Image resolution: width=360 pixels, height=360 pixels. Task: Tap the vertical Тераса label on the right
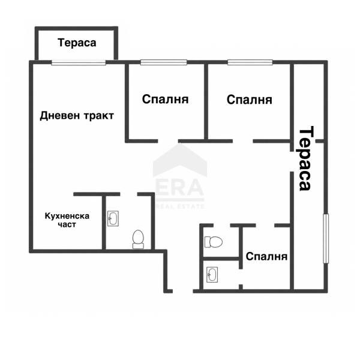(305, 158)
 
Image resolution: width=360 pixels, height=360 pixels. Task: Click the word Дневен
(58, 116)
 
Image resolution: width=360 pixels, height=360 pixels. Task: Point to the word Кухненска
(67, 215)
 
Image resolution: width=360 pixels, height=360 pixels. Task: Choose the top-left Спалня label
(166, 99)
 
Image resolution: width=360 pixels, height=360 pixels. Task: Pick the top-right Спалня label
(250, 99)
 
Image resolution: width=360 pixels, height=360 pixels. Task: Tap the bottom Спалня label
(266, 256)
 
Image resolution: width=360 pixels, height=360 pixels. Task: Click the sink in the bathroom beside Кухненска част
(113, 219)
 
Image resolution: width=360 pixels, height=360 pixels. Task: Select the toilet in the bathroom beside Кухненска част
(138, 239)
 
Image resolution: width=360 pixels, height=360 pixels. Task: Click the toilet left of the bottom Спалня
(213, 242)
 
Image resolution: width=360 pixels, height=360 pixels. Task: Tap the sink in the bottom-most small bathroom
(213, 275)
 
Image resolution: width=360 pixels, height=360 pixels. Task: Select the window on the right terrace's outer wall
(326, 238)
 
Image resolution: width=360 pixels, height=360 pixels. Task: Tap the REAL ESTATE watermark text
(179, 206)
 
